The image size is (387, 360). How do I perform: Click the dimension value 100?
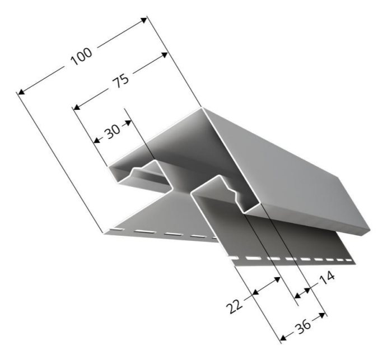click(81, 56)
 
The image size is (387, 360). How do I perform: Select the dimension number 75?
click(120, 80)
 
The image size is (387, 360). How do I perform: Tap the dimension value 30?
click(113, 131)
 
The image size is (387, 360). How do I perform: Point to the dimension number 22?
click(234, 306)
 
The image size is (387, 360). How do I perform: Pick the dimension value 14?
click(327, 278)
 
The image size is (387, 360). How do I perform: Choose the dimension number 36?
click(303, 326)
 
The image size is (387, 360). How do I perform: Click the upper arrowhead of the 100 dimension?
click(144, 20)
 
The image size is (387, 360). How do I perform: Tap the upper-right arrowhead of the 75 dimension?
click(164, 55)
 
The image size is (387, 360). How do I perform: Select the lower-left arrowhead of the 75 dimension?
click(77, 107)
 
